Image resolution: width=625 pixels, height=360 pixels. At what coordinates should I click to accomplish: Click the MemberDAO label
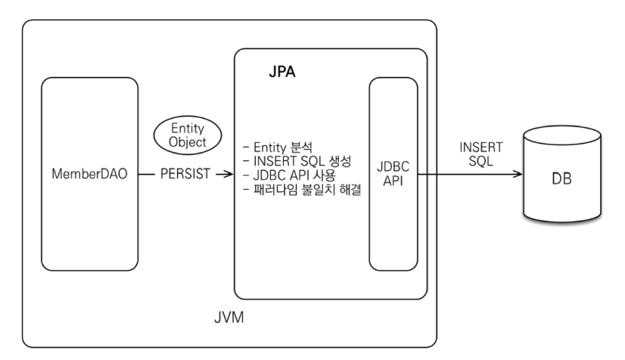coord(89,173)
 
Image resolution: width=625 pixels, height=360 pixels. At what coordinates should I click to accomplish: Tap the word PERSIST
coord(184,173)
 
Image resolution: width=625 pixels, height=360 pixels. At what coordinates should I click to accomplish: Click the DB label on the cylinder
coord(561,181)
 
